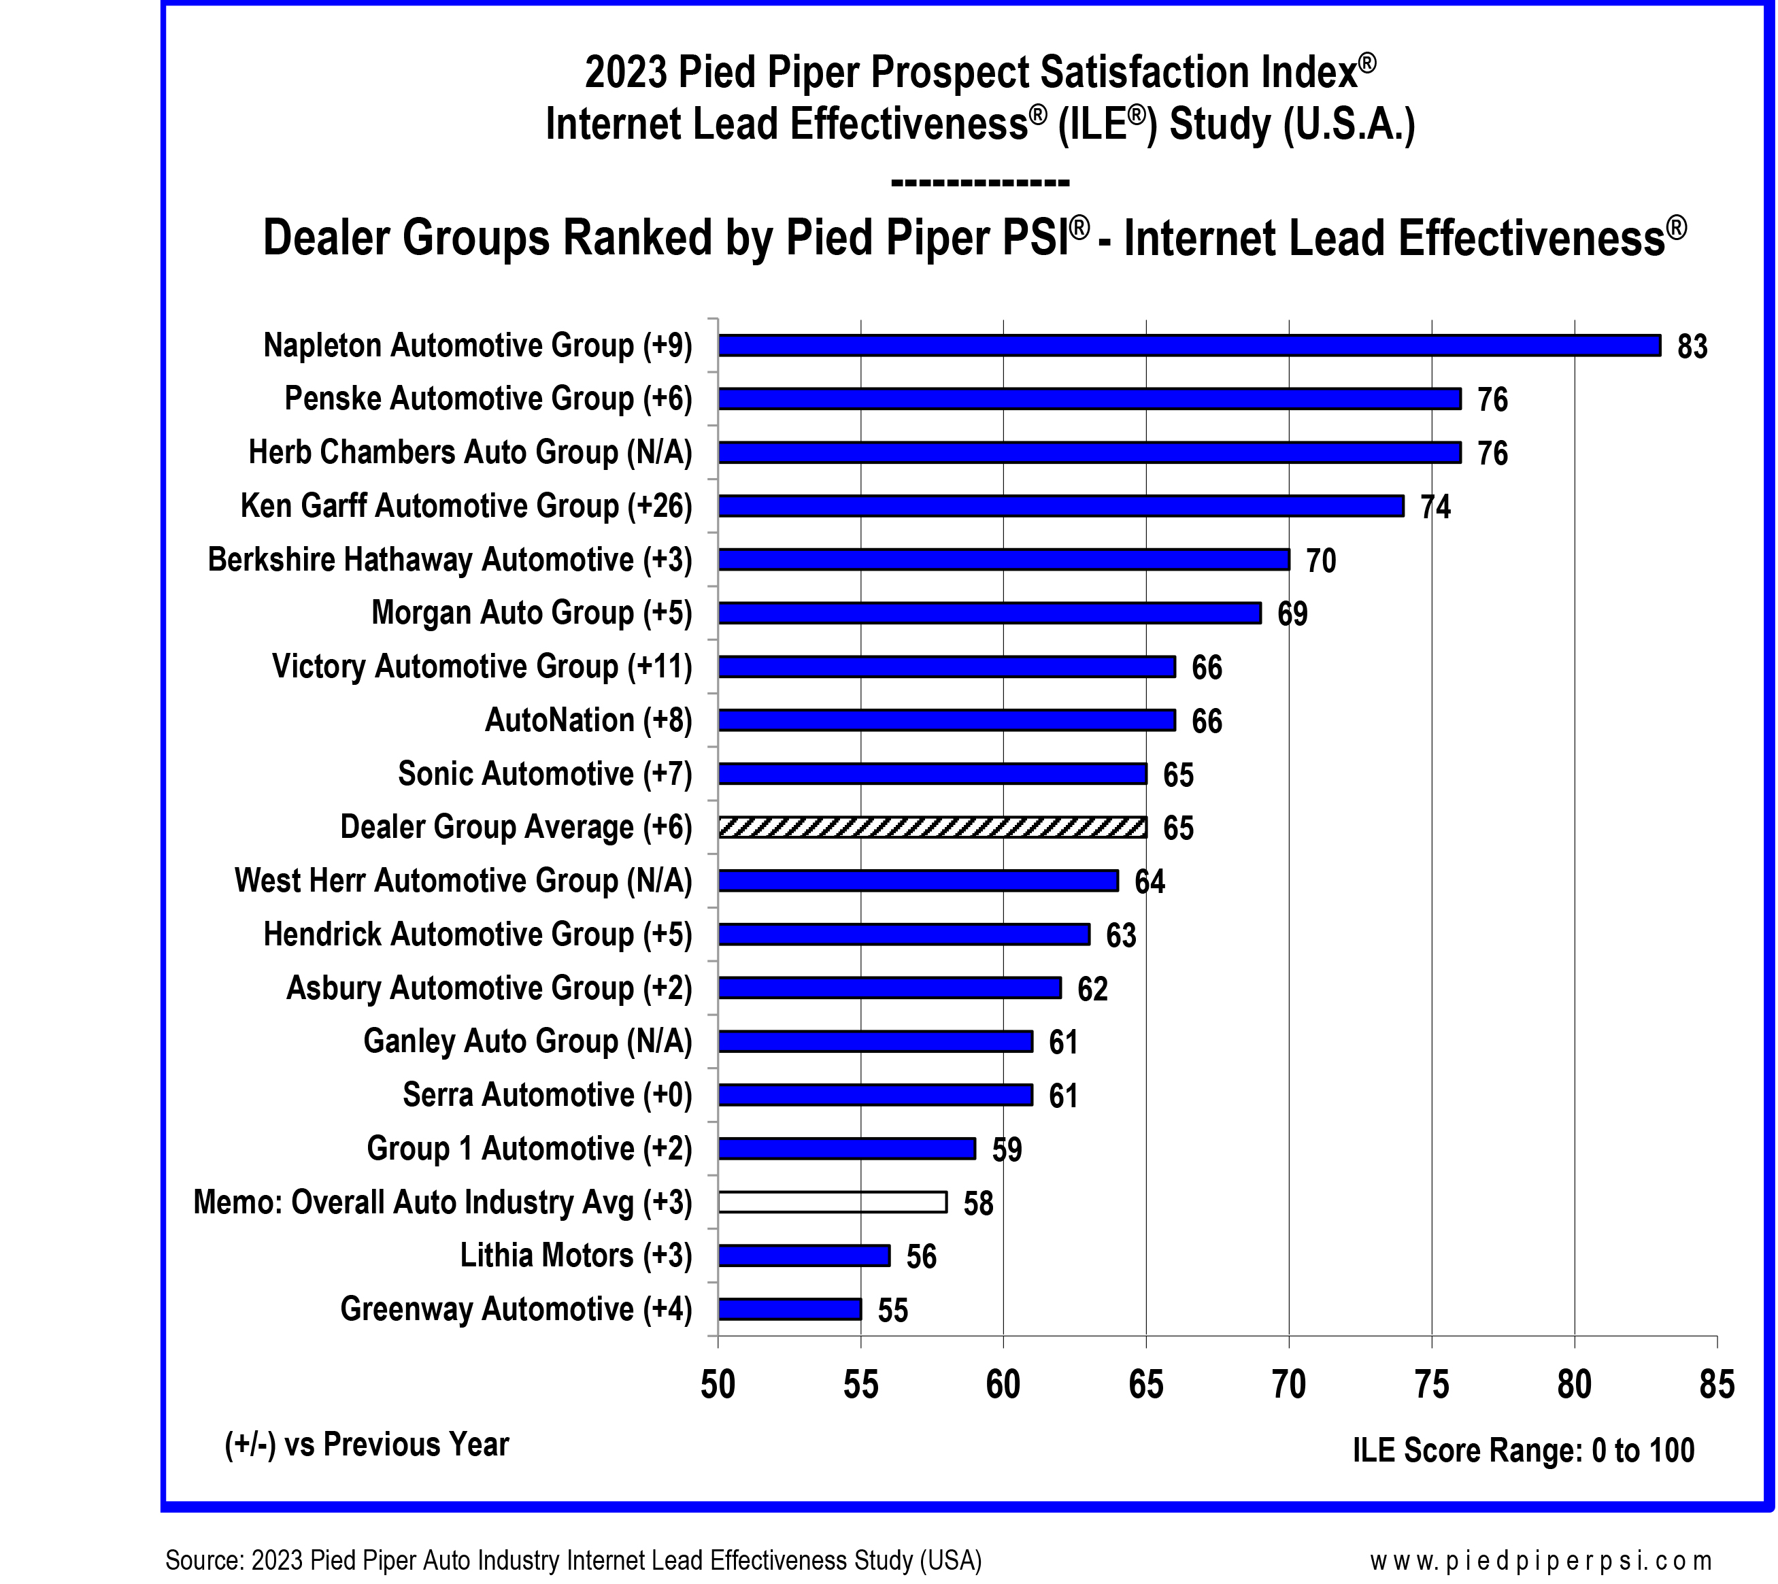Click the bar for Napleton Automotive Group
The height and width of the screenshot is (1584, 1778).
click(1189, 346)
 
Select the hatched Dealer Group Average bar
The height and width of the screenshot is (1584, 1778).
click(932, 827)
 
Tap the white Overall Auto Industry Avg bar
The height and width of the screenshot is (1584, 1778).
click(832, 1202)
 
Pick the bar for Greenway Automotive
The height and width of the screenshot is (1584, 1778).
click(789, 1309)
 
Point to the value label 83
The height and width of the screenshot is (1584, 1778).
click(1692, 346)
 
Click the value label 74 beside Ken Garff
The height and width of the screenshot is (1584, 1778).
click(1435, 507)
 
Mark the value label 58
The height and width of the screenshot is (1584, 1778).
click(978, 1204)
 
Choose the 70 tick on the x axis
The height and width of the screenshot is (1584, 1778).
click(1289, 1384)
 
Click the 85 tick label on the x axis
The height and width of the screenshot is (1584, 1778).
click(1716, 1384)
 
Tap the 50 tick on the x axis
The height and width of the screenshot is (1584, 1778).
click(718, 1384)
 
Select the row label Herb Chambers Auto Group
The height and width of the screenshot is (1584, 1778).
click(470, 452)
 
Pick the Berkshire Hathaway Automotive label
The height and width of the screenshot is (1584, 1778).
click(449, 560)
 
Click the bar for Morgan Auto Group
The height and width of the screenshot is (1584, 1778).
click(990, 613)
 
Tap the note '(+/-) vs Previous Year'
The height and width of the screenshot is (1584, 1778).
click(367, 1445)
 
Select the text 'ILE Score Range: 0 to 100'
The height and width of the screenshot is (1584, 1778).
click(1523, 1451)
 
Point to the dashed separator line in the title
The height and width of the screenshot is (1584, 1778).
click(980, 183)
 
